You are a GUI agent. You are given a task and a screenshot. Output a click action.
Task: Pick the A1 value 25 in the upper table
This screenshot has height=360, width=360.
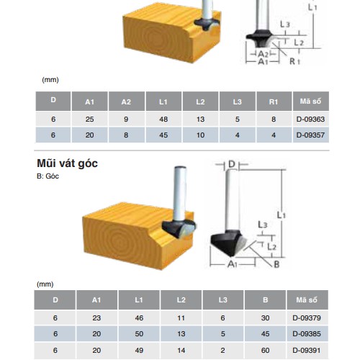(x=89, y=119)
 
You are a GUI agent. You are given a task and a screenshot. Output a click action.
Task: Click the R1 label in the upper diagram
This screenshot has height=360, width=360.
(x=294, y=63)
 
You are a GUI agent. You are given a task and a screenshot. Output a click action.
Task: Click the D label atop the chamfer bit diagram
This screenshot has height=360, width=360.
(x=231, y=165)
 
